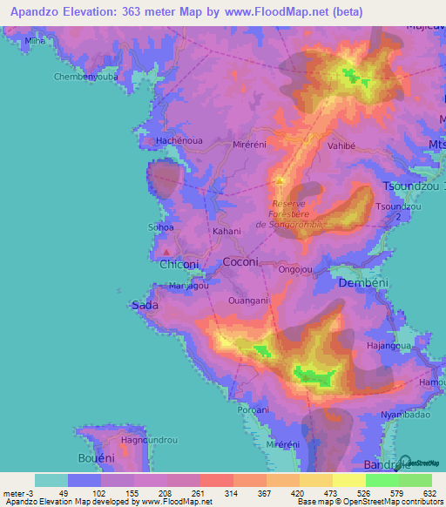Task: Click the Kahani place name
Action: pos(226,233)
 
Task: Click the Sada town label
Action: pos(144,305)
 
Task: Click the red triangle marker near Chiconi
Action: pos(166,253)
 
